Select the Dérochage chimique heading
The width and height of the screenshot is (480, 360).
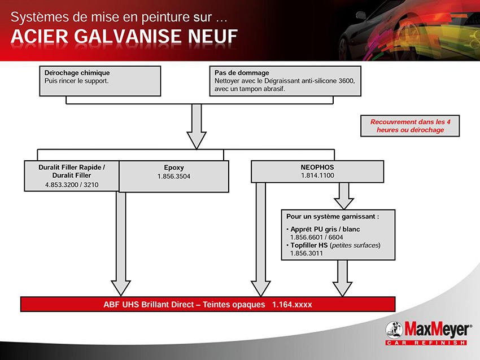click(x=77, y=73)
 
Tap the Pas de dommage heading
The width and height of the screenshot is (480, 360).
click(x=242, y=73)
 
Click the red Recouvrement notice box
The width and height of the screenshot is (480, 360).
click(x=410, y=126)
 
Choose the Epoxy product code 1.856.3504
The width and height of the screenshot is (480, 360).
click(x=173, y=177)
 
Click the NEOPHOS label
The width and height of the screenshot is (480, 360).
click(x=317, y=168)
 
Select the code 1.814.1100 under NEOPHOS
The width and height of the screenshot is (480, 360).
click(x=317, y=175)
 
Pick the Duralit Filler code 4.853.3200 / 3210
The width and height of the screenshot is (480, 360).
click(x=72, y=185)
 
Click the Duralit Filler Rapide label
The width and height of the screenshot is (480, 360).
click(x=72, y=168)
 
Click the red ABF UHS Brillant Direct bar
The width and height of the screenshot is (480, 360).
click(x=208, y=304)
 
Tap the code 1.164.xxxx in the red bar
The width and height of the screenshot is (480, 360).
click(x=292, y=305)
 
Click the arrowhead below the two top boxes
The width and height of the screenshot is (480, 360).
click(x=196, y=141)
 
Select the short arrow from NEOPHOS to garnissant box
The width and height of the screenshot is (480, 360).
click(x=344, y=196)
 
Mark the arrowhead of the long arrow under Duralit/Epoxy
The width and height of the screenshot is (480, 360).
click(x=121, y=288)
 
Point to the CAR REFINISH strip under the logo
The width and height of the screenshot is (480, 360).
click(x=426, y=343)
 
